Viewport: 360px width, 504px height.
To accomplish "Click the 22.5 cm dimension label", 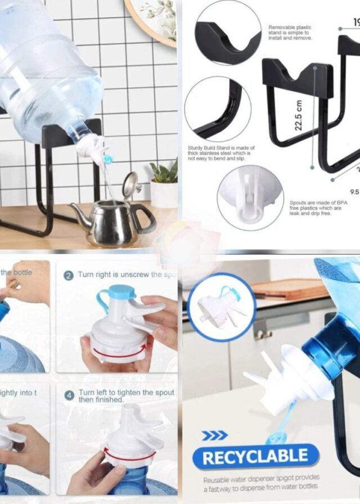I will (x=299, y=115).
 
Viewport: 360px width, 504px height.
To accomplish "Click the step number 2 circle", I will (x=68, y=275).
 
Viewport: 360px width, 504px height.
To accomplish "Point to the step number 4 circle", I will (x=69, y=394).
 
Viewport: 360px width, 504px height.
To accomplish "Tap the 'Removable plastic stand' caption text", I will (x=290, y=33).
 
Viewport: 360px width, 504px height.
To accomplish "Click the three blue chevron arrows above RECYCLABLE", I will (x=214, y=435).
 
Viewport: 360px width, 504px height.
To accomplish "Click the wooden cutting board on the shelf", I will (x=290, y=289).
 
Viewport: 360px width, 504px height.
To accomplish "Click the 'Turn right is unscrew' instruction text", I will (x=127, y=274).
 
